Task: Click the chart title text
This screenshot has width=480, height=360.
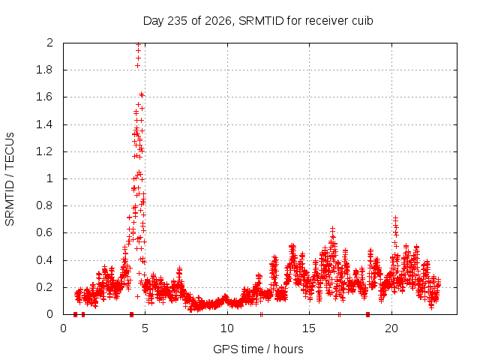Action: click(258, 21)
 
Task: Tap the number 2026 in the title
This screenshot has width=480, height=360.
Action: click(217, 21)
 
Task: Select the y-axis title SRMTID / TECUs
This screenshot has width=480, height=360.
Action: click(10, 179)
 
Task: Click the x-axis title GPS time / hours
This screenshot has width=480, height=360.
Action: click(258, 349)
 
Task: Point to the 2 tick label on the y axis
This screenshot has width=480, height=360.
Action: click(49, 43)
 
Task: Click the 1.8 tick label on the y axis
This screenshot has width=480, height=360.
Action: click(45, 70)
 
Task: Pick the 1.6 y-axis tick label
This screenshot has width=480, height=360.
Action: click(45, 97)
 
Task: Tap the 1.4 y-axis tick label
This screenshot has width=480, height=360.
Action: click(45, 124)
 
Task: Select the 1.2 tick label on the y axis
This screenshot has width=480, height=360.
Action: click(45, 151)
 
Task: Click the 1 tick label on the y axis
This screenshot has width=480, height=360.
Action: click(49, 178)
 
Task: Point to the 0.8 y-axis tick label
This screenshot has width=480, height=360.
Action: click(45, 205)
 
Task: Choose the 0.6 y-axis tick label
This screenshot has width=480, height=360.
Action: click(45, 232)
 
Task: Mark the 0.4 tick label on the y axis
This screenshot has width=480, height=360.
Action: click(45, 260)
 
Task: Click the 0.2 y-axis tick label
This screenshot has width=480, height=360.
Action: click(45, 287)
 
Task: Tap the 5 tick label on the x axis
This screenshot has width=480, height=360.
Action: click(145, 328)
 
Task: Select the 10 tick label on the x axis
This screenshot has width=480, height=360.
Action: click(227, 328)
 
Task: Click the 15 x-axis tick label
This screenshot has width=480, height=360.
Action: click(309, 328)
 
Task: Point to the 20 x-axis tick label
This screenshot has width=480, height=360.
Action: click(391, 328)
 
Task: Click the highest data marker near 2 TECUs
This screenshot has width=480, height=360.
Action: click(138, 44)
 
